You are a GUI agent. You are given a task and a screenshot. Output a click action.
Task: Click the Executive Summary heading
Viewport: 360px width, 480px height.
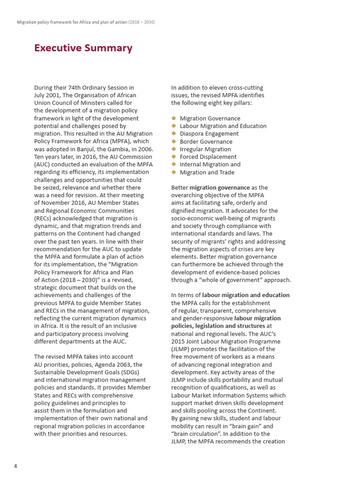tap(83, 48)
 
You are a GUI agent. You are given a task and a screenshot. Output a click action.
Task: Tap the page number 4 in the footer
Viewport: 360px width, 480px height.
tap(15, 466)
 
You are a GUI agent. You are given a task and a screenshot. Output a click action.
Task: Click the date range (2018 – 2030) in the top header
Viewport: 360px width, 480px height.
tap(142, 22)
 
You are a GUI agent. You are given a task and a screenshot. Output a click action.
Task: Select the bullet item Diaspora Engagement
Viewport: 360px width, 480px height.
tap(209, 134)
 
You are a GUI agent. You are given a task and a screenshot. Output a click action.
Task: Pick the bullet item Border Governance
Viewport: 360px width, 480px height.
tap(206, 142)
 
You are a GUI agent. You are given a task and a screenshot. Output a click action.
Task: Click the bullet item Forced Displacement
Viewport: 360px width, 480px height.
tap(208, 157)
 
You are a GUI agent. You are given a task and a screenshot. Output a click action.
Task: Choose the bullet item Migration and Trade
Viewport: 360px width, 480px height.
tap(207, 172)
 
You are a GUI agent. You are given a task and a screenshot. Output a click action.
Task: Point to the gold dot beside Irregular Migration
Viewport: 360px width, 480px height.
tap(173, 149)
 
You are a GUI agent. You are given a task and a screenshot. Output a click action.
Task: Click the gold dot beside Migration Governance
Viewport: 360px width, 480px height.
tap(173, 118)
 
